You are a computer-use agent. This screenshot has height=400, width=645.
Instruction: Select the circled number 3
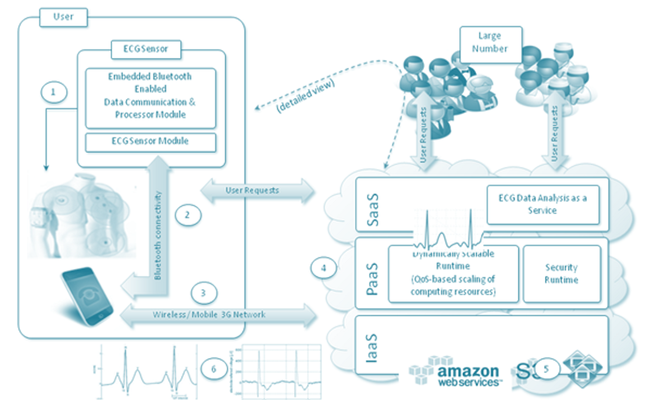click(203, 293)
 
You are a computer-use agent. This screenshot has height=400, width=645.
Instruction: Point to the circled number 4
click(325, 267)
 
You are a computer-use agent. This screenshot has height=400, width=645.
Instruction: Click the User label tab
click(63, 17)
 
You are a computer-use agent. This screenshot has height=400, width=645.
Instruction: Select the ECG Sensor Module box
click(150, 142)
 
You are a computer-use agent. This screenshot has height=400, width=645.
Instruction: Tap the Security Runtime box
click(561, 274)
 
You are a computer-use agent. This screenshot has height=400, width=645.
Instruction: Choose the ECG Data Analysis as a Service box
click(542, 205)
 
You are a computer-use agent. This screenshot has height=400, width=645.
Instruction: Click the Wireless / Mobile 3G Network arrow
click(218, 315)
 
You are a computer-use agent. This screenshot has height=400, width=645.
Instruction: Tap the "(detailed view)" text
click(305, 94)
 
